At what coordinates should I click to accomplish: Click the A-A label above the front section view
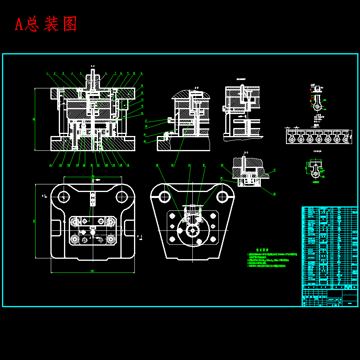[x=93, y=66]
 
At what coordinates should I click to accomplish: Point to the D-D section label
[x=246, y=153]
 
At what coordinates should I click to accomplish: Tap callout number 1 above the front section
[x=47, y=73]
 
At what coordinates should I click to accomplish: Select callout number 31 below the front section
[x=128, y=165]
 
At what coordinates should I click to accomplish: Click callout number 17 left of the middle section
[x=146, y=120]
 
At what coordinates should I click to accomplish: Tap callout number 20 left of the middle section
[x=145, y=134]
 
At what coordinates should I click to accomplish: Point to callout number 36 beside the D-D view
[x=274, y=194]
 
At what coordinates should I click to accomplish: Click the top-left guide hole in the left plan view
[x=63, y=196]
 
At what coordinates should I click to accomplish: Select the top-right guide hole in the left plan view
[x=122, y=196]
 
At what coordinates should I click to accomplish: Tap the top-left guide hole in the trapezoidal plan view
[x=164, y=196]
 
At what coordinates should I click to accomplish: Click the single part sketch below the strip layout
[x=315, y=170]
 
